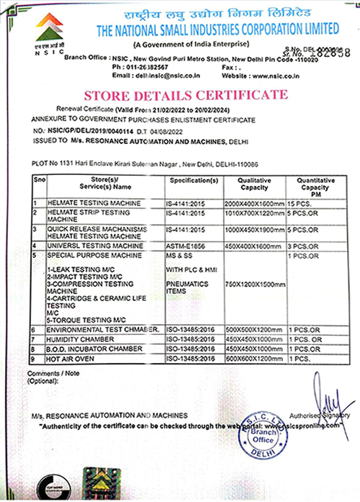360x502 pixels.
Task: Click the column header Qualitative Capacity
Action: [x=255, y=184]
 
